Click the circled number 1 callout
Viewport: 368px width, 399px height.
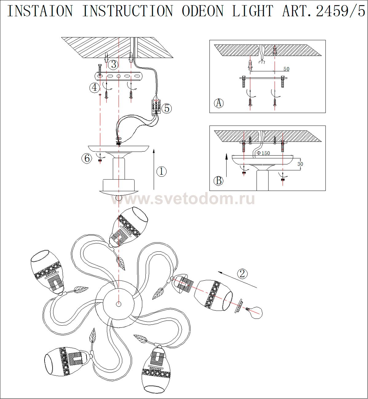(162, 171)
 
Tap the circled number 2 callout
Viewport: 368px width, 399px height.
(242, 274)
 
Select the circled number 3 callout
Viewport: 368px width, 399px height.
(114, 64)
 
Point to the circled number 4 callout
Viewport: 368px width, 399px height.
(94, 88)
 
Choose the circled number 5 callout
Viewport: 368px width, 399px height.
(167, 108)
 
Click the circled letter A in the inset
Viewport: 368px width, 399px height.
(219, 103)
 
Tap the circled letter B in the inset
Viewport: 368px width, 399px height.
(219, 181)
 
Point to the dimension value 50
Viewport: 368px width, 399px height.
(286, 69)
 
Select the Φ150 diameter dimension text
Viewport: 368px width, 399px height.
(263, 153)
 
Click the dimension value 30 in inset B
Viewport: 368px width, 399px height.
(300, 164)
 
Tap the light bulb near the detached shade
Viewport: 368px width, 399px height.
(255, 313)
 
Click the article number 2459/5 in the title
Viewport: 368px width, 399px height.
(341, 11)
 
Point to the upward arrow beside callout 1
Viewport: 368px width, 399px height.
(154, 169)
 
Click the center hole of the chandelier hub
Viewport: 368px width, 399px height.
(119, 304)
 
